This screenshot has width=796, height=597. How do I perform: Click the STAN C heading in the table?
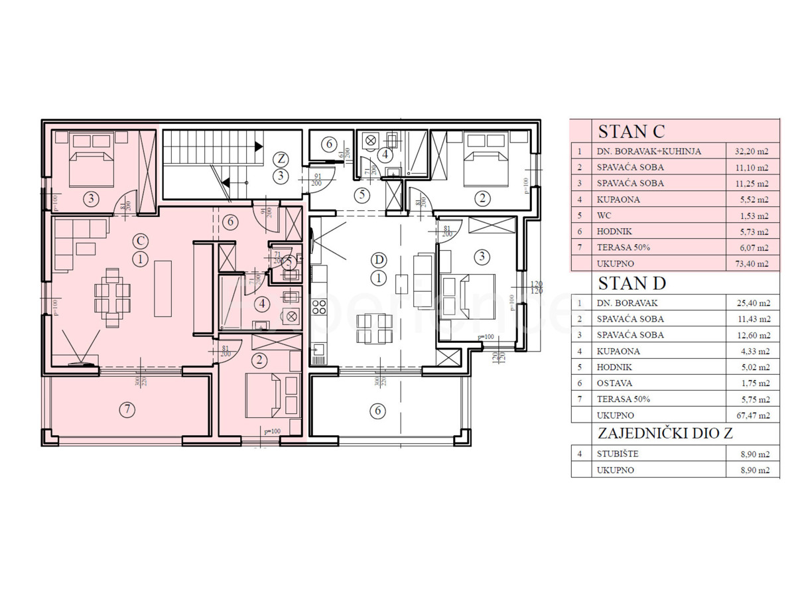tap(631, 131)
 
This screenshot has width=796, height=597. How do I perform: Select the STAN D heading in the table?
tap(631, 283)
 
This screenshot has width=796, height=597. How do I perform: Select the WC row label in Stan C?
tap(604, 216)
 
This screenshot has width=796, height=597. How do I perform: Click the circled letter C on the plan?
tap(140, 240)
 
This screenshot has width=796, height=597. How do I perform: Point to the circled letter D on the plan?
tap(378, 259)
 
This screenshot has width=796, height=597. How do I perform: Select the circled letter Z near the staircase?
tap(281, 159)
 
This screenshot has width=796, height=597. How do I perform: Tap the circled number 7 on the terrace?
tap(126, 410)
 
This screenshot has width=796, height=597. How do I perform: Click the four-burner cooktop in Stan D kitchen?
tap(318, 307)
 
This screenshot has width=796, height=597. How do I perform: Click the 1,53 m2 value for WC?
tap(752, 216)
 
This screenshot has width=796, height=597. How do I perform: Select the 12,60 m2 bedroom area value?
tap(752, 335)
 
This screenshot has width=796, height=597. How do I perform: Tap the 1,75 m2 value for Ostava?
tap(752, 383)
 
